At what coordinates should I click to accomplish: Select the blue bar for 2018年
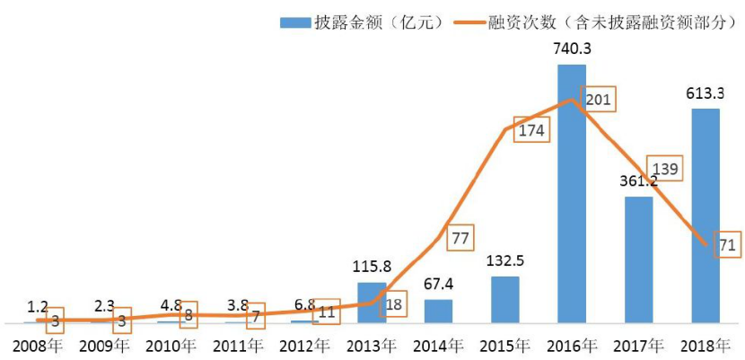(x=706, y=215)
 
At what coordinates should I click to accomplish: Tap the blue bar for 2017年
(x=638, y=259)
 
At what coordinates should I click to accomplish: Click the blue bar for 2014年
(x=438, y=311)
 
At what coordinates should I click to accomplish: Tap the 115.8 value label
(x=372, y=268)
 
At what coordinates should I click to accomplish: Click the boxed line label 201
(x=598, y=99)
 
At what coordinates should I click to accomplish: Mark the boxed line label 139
(x=666, y=168)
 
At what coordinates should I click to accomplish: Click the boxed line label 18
(x=392, y=304)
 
